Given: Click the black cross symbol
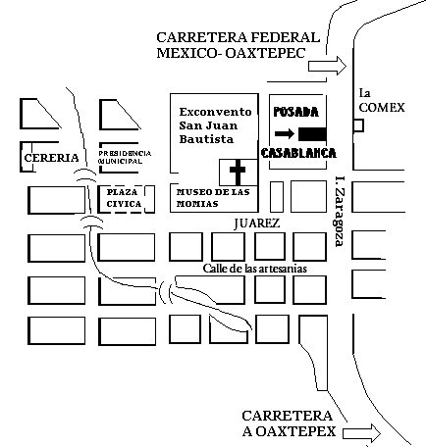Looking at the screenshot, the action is point(238,172).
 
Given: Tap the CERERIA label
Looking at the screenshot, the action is point(52,158).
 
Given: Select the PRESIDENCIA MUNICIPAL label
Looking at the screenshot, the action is point(125,157).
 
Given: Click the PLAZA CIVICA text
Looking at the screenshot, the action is point(124,198).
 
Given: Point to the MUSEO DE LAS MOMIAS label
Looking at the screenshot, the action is point(213,198).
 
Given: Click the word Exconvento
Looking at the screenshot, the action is point(215,112).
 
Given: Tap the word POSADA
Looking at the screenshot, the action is point(296,112).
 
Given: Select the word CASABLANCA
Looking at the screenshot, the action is point(298,153).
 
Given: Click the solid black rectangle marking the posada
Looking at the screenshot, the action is point(312,134).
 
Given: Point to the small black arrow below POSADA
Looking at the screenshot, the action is point(285,133).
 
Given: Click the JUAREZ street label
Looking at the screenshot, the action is point(257,223).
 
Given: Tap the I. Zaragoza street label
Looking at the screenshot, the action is point(340,212).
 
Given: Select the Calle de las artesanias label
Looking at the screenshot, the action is point(255,269).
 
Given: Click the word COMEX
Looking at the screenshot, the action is point(382,108).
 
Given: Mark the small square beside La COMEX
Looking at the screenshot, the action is point(358,125).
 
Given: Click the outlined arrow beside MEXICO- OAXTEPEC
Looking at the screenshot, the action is point(327,66).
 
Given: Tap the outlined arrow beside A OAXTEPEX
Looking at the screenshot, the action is point(361,433).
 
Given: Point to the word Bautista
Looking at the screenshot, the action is point(206,139).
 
